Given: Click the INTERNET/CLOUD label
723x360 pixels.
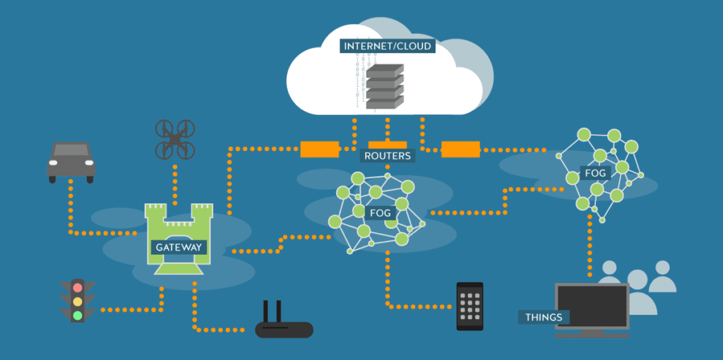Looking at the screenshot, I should (x=386, y=46).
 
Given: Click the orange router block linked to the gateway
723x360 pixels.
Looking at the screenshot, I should (x=319, y=149).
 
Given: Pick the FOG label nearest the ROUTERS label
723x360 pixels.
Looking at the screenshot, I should (x=381, y=213).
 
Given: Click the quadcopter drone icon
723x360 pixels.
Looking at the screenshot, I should (x=174, y=138).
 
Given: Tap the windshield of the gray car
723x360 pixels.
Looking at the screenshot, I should (x=71, y=152).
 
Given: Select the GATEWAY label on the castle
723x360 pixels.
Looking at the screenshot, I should (x=179, y=247).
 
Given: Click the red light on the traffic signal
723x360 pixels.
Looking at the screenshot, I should (x=77, y=288).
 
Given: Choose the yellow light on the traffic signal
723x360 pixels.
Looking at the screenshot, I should (x=77, y=301).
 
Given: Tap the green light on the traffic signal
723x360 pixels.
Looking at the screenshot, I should (x=77, y=315).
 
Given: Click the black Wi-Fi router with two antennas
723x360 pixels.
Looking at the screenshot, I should (x=284, y=328).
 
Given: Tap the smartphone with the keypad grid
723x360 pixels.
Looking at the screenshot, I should (x=470, y=306).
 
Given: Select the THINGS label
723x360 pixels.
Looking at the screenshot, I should (x=544, y=317).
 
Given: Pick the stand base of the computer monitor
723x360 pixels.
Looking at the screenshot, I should (x=592, y=334).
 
